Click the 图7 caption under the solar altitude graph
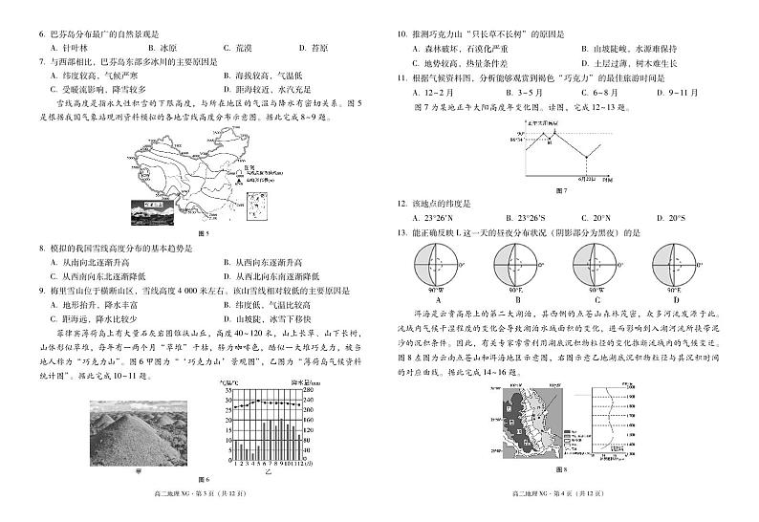coord(559,190)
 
